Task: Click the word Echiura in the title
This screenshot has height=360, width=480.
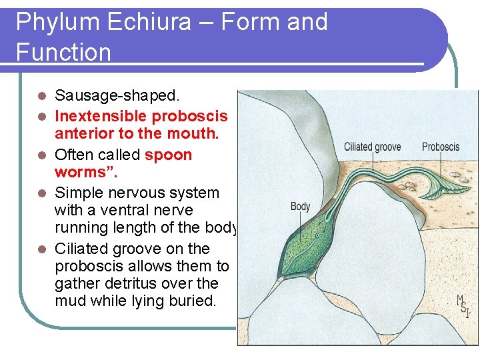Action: tap(151, 22)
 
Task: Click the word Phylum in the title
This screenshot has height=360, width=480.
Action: tap(53, 22)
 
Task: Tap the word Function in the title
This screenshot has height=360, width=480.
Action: tap(63, 52)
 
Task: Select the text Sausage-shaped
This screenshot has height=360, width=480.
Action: tap(107, 97)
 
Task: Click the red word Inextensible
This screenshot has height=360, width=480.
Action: tap(101, 116)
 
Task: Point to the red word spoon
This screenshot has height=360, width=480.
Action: tap(168, 155)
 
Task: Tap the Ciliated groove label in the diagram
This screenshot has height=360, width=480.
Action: tap(372, 147)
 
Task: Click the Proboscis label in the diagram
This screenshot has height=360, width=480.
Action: tap(440, 147)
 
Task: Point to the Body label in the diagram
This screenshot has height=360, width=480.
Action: tap(300, 207)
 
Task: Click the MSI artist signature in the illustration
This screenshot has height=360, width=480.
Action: tap(463, 306)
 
